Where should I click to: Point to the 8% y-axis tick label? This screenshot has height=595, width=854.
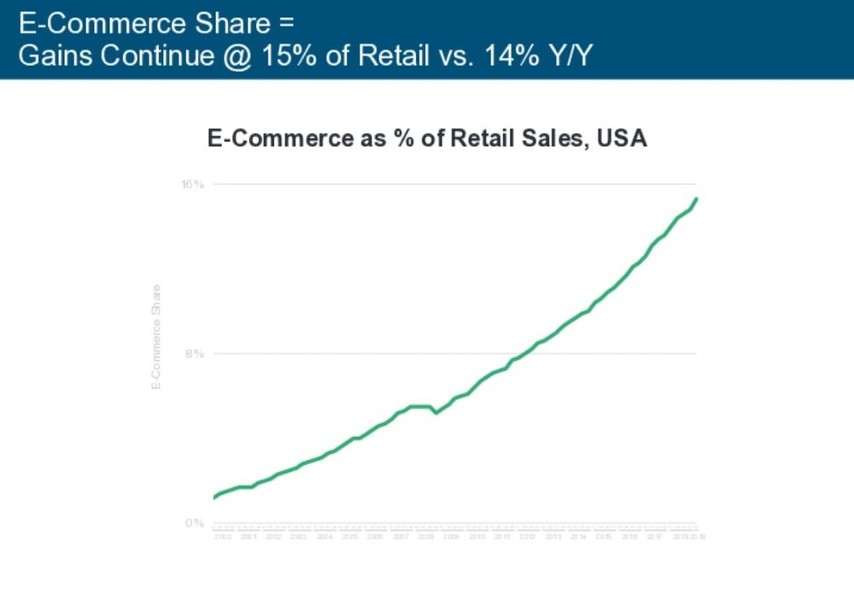(195, 353)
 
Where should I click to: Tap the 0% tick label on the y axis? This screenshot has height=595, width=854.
(195, 522)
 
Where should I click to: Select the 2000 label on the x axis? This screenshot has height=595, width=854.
(223, 536)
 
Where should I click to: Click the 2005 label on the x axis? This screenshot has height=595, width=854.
(349, 536)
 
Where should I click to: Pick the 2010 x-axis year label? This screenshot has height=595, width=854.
(477, 536)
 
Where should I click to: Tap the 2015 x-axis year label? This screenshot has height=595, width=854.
(604, 536)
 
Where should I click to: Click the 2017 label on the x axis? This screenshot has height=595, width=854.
(654, 536)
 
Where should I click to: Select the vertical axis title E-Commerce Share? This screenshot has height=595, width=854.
(156, 337)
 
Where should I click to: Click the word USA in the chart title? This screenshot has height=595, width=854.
(622, 138)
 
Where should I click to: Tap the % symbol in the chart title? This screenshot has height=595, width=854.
(398, 138)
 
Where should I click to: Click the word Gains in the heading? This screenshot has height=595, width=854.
(54, 56)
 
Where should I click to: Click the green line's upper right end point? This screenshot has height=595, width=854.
(697, 198)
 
